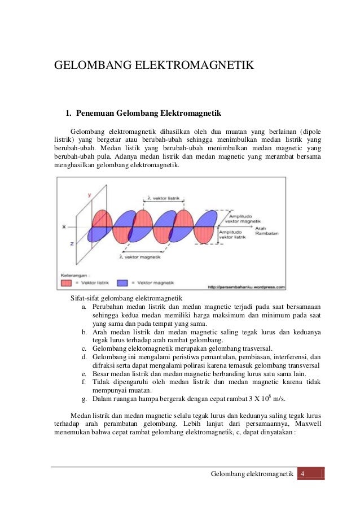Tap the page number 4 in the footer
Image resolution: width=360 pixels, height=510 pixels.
[x=303, y=473]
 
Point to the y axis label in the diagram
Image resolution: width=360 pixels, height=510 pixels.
[x=89, y=194]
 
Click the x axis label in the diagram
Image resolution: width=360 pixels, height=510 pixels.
[x=64, y=226]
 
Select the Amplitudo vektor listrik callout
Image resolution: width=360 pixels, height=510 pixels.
[x=234, y=235]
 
